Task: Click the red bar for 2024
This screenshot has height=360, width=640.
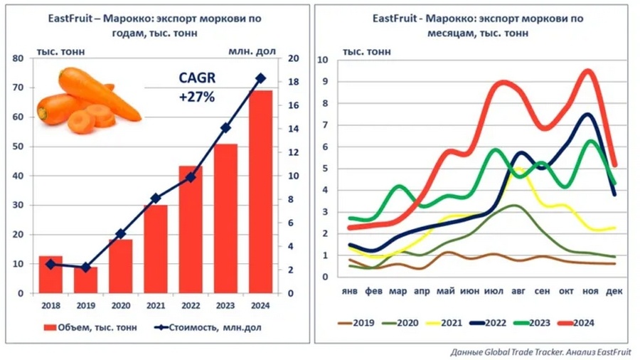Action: pos(260,192)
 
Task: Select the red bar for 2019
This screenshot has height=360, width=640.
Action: pos(85,280)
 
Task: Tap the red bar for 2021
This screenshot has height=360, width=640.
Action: pos(156,249)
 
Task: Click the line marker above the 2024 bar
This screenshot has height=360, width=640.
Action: pos(260,78)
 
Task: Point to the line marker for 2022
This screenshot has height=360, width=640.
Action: pos(191,177)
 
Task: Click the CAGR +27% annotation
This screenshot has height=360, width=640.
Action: pos(196,88)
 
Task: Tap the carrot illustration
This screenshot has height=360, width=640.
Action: pos(88,100)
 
